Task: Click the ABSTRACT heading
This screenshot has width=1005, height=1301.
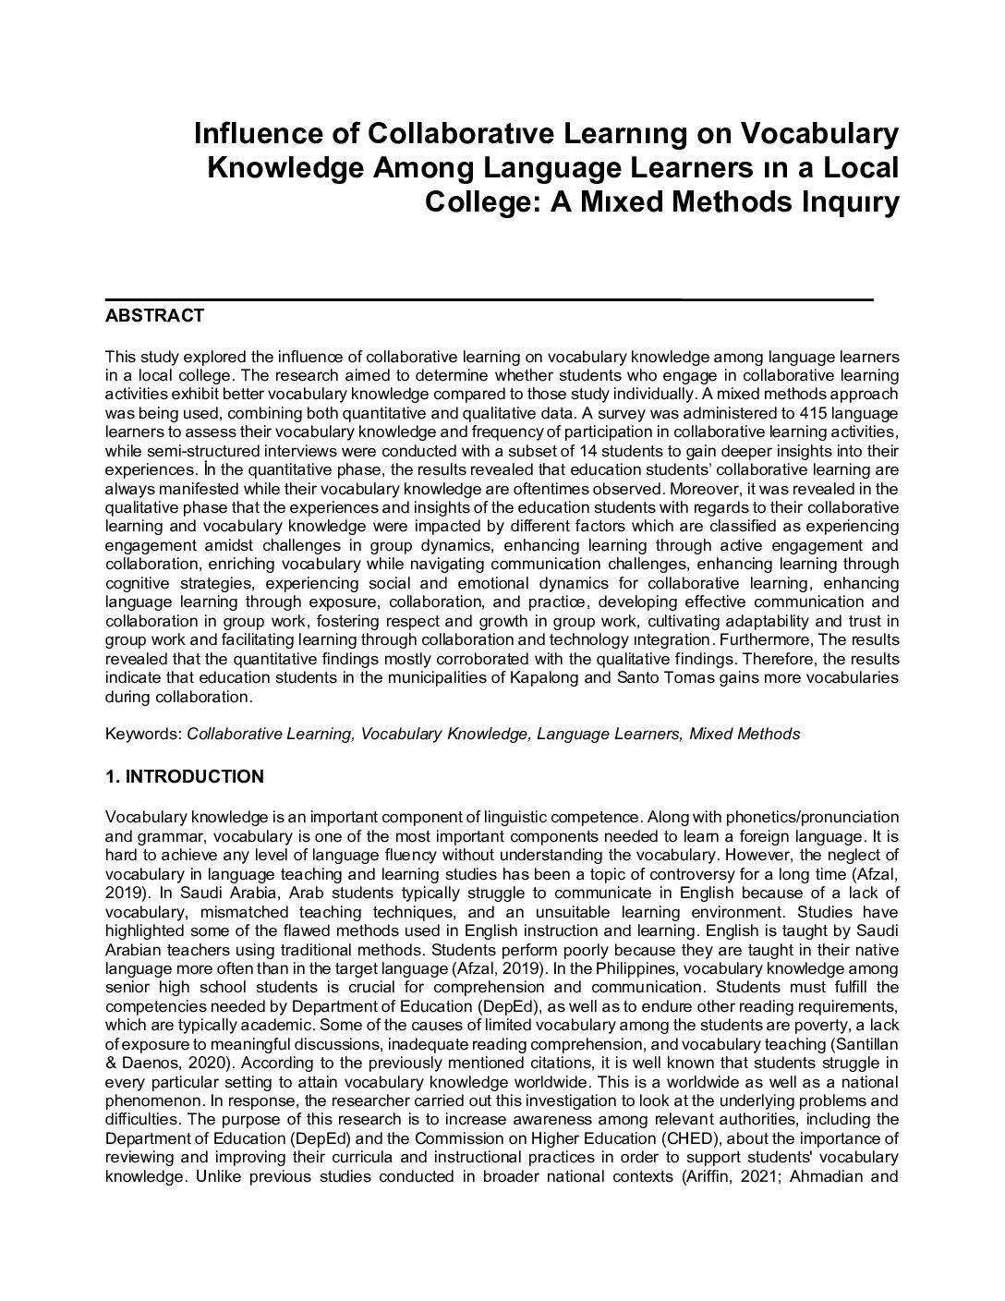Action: tap(154, 316)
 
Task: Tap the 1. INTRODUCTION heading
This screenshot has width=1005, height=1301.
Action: tap(185, 777)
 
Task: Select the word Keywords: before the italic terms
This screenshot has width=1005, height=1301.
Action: tap(144, 735)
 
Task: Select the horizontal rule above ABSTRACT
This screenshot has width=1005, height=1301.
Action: tap(490, 299)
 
